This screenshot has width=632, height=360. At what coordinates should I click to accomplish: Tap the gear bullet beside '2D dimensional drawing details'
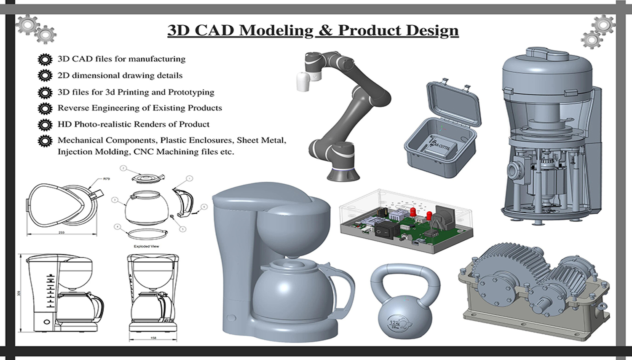click(x=45, y=75)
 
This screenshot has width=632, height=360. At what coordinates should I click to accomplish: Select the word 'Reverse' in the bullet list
click(x=73, y=108)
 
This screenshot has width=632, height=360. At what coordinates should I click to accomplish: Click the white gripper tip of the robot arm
click(x=303, y=82)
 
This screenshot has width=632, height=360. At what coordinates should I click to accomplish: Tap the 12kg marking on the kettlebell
click(x=395, y=319)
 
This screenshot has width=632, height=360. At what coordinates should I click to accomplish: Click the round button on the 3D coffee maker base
click(x=230, y=318)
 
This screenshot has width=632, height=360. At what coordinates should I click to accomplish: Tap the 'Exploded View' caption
click(x=146, y=247)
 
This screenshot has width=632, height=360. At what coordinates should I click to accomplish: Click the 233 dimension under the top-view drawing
click(x=62, y=233)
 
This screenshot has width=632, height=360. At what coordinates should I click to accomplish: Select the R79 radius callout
click(x=106, y=179)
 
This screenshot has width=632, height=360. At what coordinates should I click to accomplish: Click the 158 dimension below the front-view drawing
click(x=153, y=338)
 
